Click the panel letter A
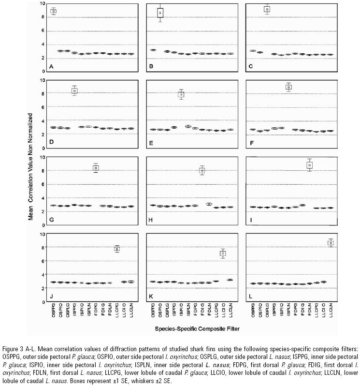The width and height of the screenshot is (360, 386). (x=51, y=67)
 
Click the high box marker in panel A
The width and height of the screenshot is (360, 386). (x=54, y=11)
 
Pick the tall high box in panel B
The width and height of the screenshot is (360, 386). (x=160, y=13)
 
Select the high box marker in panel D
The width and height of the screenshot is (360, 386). (x=74, y=90)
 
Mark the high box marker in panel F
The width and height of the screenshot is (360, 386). (x=288, y=87)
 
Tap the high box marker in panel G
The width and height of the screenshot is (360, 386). (x=96, y=168)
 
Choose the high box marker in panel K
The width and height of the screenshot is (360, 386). (x=223, y=253)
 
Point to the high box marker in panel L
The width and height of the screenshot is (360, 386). (x=331, y=243)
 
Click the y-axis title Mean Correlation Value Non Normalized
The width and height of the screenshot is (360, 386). (x=30, y=167)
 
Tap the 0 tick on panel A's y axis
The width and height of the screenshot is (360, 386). (x=43, y=72)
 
